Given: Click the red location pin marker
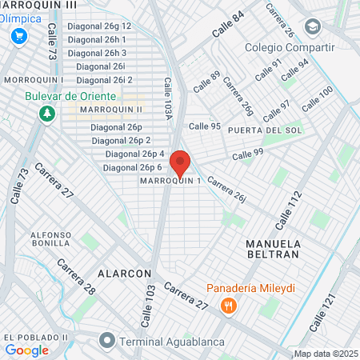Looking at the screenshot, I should (x=180, y=163).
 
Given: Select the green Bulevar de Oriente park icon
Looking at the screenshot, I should (x=46, y=113).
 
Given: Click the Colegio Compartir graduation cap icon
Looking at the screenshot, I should (x=313, y=26).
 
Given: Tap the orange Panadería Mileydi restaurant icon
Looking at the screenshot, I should (x=229, y=305).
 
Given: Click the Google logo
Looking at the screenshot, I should (x=26, y=350).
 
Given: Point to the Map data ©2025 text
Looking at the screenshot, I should (x=326, y=354).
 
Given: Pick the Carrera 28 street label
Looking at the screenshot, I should (x=77, y=276).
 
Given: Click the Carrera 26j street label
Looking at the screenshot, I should (x=226, y=189).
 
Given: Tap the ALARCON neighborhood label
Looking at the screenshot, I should (x=124, y=273).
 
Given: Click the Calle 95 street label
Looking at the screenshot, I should (x=204, y=126).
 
